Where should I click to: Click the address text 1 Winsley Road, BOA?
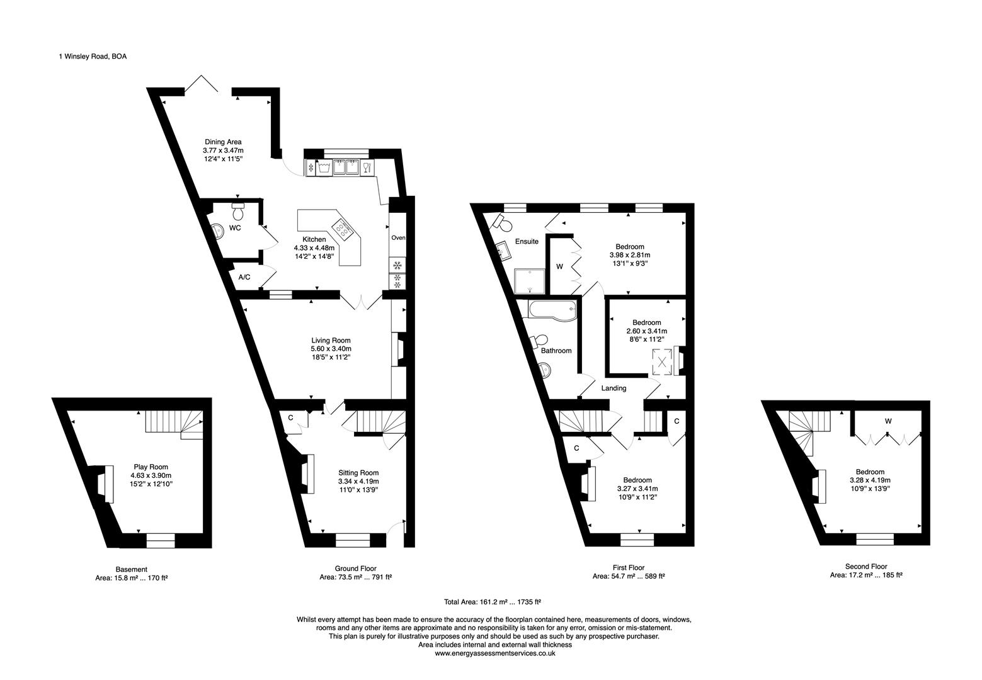coord(93,57)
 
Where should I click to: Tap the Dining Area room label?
coord(223,142)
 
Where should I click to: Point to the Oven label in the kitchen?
coord(398,238)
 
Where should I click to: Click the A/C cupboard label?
coord(244,277)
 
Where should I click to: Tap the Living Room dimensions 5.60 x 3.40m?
coord(331,349)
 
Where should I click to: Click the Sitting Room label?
coord(358,473)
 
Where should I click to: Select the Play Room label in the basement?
coord(151,467)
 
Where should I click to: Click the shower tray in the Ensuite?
coord(530,281)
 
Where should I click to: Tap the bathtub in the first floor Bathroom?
coord(553,310)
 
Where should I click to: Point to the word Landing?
coord(614,388)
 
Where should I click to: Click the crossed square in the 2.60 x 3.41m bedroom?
coord(663,362)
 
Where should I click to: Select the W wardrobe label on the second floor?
coord(888,421)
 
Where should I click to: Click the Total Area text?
coord(493,602)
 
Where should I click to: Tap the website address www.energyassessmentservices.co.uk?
coord(495,654)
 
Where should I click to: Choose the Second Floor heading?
coord(866,567)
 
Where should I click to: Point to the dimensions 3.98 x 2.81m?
coord(630,255)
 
